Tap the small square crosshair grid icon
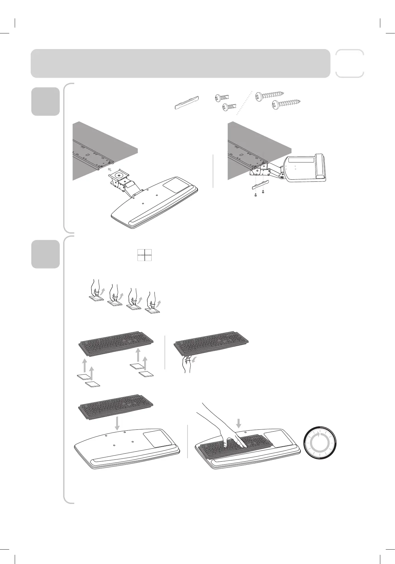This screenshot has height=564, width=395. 145,255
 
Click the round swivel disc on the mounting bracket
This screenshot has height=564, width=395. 118,175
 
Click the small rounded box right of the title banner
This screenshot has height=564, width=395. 350,63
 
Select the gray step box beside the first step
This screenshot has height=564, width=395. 45,101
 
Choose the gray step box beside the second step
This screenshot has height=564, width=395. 45,254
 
